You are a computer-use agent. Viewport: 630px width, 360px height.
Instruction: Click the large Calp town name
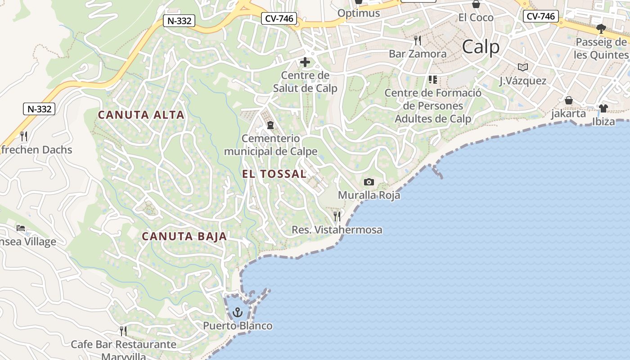pos(481,47)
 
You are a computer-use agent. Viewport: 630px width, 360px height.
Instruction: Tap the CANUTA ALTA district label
pos(141,115)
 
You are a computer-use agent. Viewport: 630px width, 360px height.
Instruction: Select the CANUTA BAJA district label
pos(184,236)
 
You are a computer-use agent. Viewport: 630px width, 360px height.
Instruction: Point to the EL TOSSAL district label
pos(274,174)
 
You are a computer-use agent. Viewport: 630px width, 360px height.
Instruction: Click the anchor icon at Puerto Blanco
pos(237,312)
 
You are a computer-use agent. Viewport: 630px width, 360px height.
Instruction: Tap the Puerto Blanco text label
pos(238,325)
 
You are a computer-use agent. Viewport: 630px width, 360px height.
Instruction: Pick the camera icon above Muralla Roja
pos(369,182)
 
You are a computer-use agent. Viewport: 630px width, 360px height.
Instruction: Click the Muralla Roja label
pos(369,195)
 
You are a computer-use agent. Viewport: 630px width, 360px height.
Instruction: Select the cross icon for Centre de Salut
pos(305,62)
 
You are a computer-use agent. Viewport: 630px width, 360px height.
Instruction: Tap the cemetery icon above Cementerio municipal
pos(270,125)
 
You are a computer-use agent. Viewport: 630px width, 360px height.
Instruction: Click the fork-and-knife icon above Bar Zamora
pos(418,40)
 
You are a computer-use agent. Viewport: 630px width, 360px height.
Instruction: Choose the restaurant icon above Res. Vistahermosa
pos(337,216)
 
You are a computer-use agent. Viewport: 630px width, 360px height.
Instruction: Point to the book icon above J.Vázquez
pos(522,67)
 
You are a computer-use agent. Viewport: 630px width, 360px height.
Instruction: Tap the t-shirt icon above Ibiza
pos(603,108)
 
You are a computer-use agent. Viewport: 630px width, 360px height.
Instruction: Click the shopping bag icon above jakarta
pos(569,100)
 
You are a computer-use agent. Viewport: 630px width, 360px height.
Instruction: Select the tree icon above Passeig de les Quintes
pos(601,29)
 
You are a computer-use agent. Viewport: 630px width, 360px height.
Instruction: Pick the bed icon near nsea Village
pos(21,228)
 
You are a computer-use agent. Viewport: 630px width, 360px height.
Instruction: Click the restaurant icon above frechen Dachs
pos(24,136)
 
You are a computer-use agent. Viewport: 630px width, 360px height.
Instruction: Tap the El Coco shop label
pos(476,18)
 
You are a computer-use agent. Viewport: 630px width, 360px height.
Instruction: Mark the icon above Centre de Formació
pos(433,80)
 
